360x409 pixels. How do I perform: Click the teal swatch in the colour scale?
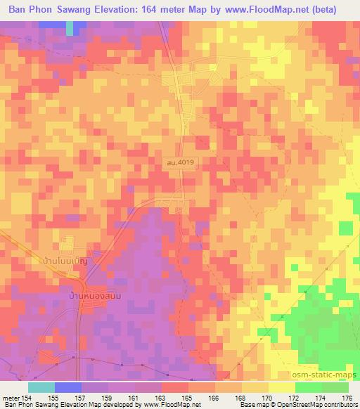[41, 387]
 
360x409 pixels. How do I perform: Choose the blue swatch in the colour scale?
[68, 387]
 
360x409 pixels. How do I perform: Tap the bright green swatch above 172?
[308, 387]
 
